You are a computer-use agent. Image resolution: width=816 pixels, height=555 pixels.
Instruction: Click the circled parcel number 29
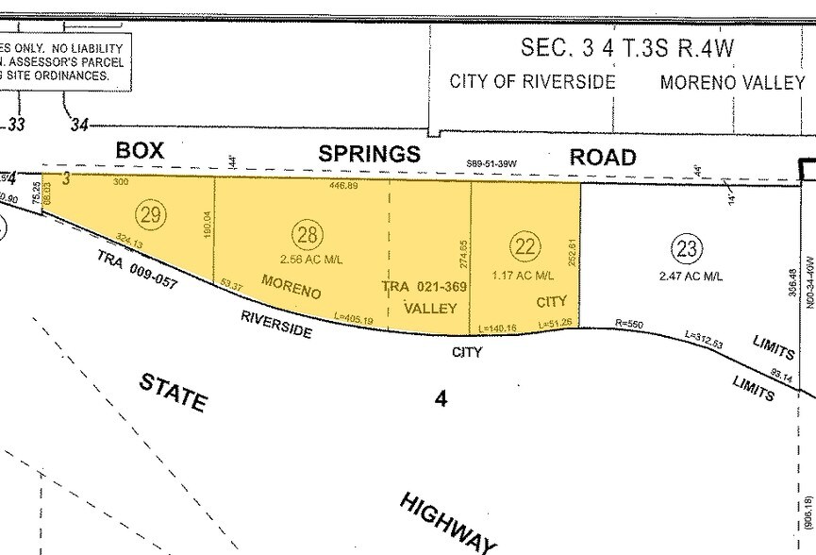pyautogui.click(x=149, y=212)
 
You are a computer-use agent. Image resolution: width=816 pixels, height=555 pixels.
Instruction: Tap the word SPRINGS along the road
pyautogui.click(x=370, y=154)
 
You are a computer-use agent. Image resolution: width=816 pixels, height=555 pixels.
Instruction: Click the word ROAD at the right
pyautogui.click(x=603, y=157)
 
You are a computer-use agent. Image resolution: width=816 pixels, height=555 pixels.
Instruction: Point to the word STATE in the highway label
pyautogui.click(x=173, y=391)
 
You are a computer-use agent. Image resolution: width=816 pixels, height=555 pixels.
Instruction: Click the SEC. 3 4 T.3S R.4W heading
pyautogui.click(x=627, y=47)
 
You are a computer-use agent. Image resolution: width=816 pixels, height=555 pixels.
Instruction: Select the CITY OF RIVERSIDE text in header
pyautogui.click(x=532, y=81)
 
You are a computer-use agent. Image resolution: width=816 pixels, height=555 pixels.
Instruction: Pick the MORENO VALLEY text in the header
pyautogui.click(x=732, y=82)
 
